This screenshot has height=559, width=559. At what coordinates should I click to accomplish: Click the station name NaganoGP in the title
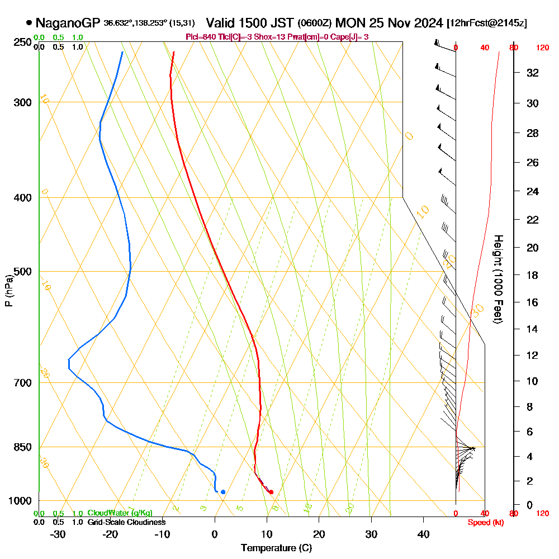coord(68,23)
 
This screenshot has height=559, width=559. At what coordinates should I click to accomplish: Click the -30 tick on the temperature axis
coord(58,534)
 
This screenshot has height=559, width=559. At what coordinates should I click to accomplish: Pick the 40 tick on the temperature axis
coord(423,534)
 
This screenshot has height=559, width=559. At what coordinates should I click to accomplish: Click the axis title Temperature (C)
coord(276,548)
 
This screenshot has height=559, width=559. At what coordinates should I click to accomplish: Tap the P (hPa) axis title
coord(8,291)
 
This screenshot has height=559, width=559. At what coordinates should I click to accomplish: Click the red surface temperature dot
coord(271,492)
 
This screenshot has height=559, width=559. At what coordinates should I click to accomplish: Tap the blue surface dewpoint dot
coord(223,492)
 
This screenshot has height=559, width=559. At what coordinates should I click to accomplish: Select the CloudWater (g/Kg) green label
coord(120,513)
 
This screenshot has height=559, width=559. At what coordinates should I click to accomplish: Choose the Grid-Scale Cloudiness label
coord(126,522)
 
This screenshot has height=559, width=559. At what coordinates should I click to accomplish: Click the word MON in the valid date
coord(349,23)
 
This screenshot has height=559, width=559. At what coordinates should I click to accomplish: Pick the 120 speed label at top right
coord(542,48)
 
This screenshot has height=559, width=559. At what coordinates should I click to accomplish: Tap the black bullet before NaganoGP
coord(29,23)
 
